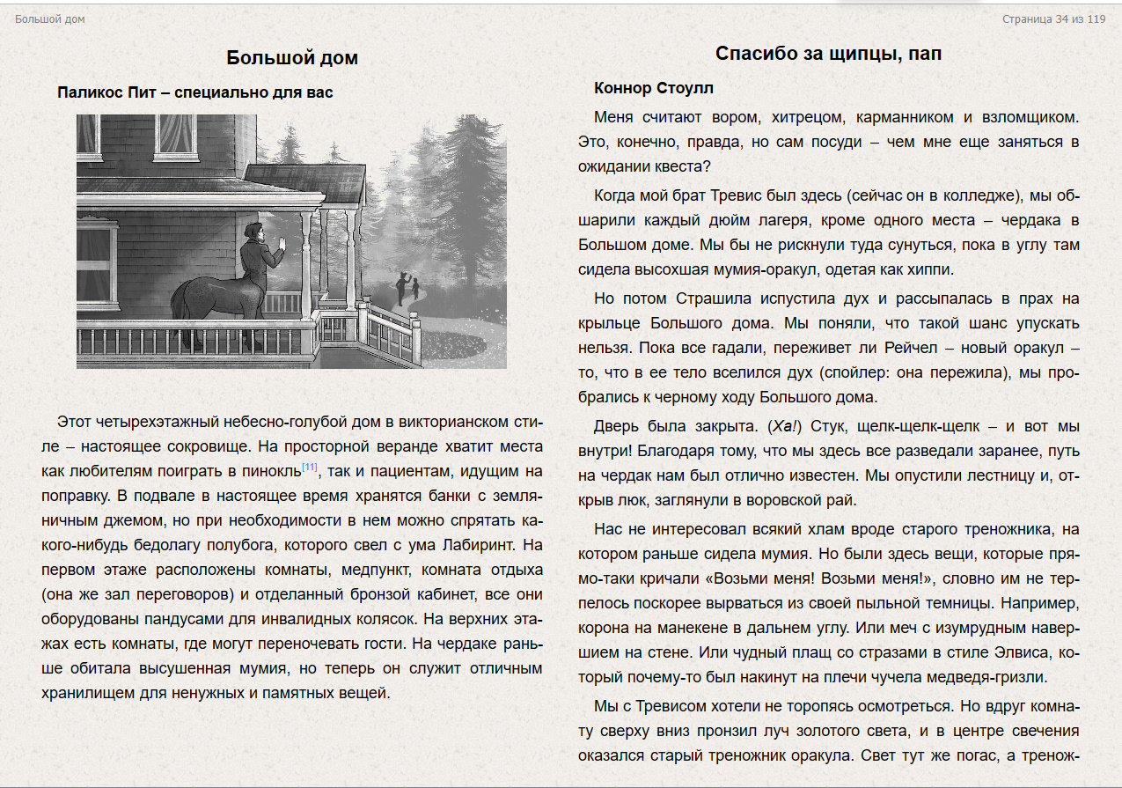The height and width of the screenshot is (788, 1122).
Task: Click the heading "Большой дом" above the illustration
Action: [x=292, y=58]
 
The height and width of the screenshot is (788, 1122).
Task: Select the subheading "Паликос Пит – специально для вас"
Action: [x=195, y=92]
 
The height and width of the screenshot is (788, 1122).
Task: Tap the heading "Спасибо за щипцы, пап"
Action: [x=828, y=54]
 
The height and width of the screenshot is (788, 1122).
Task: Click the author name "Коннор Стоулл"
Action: [x=654, y=88]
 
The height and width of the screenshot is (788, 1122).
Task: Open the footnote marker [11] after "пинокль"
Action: [x=310, y=467]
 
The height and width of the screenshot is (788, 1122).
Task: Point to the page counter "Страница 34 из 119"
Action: [x=1053, y=19]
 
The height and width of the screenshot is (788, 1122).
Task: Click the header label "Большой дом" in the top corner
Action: [x=50, y=19]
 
